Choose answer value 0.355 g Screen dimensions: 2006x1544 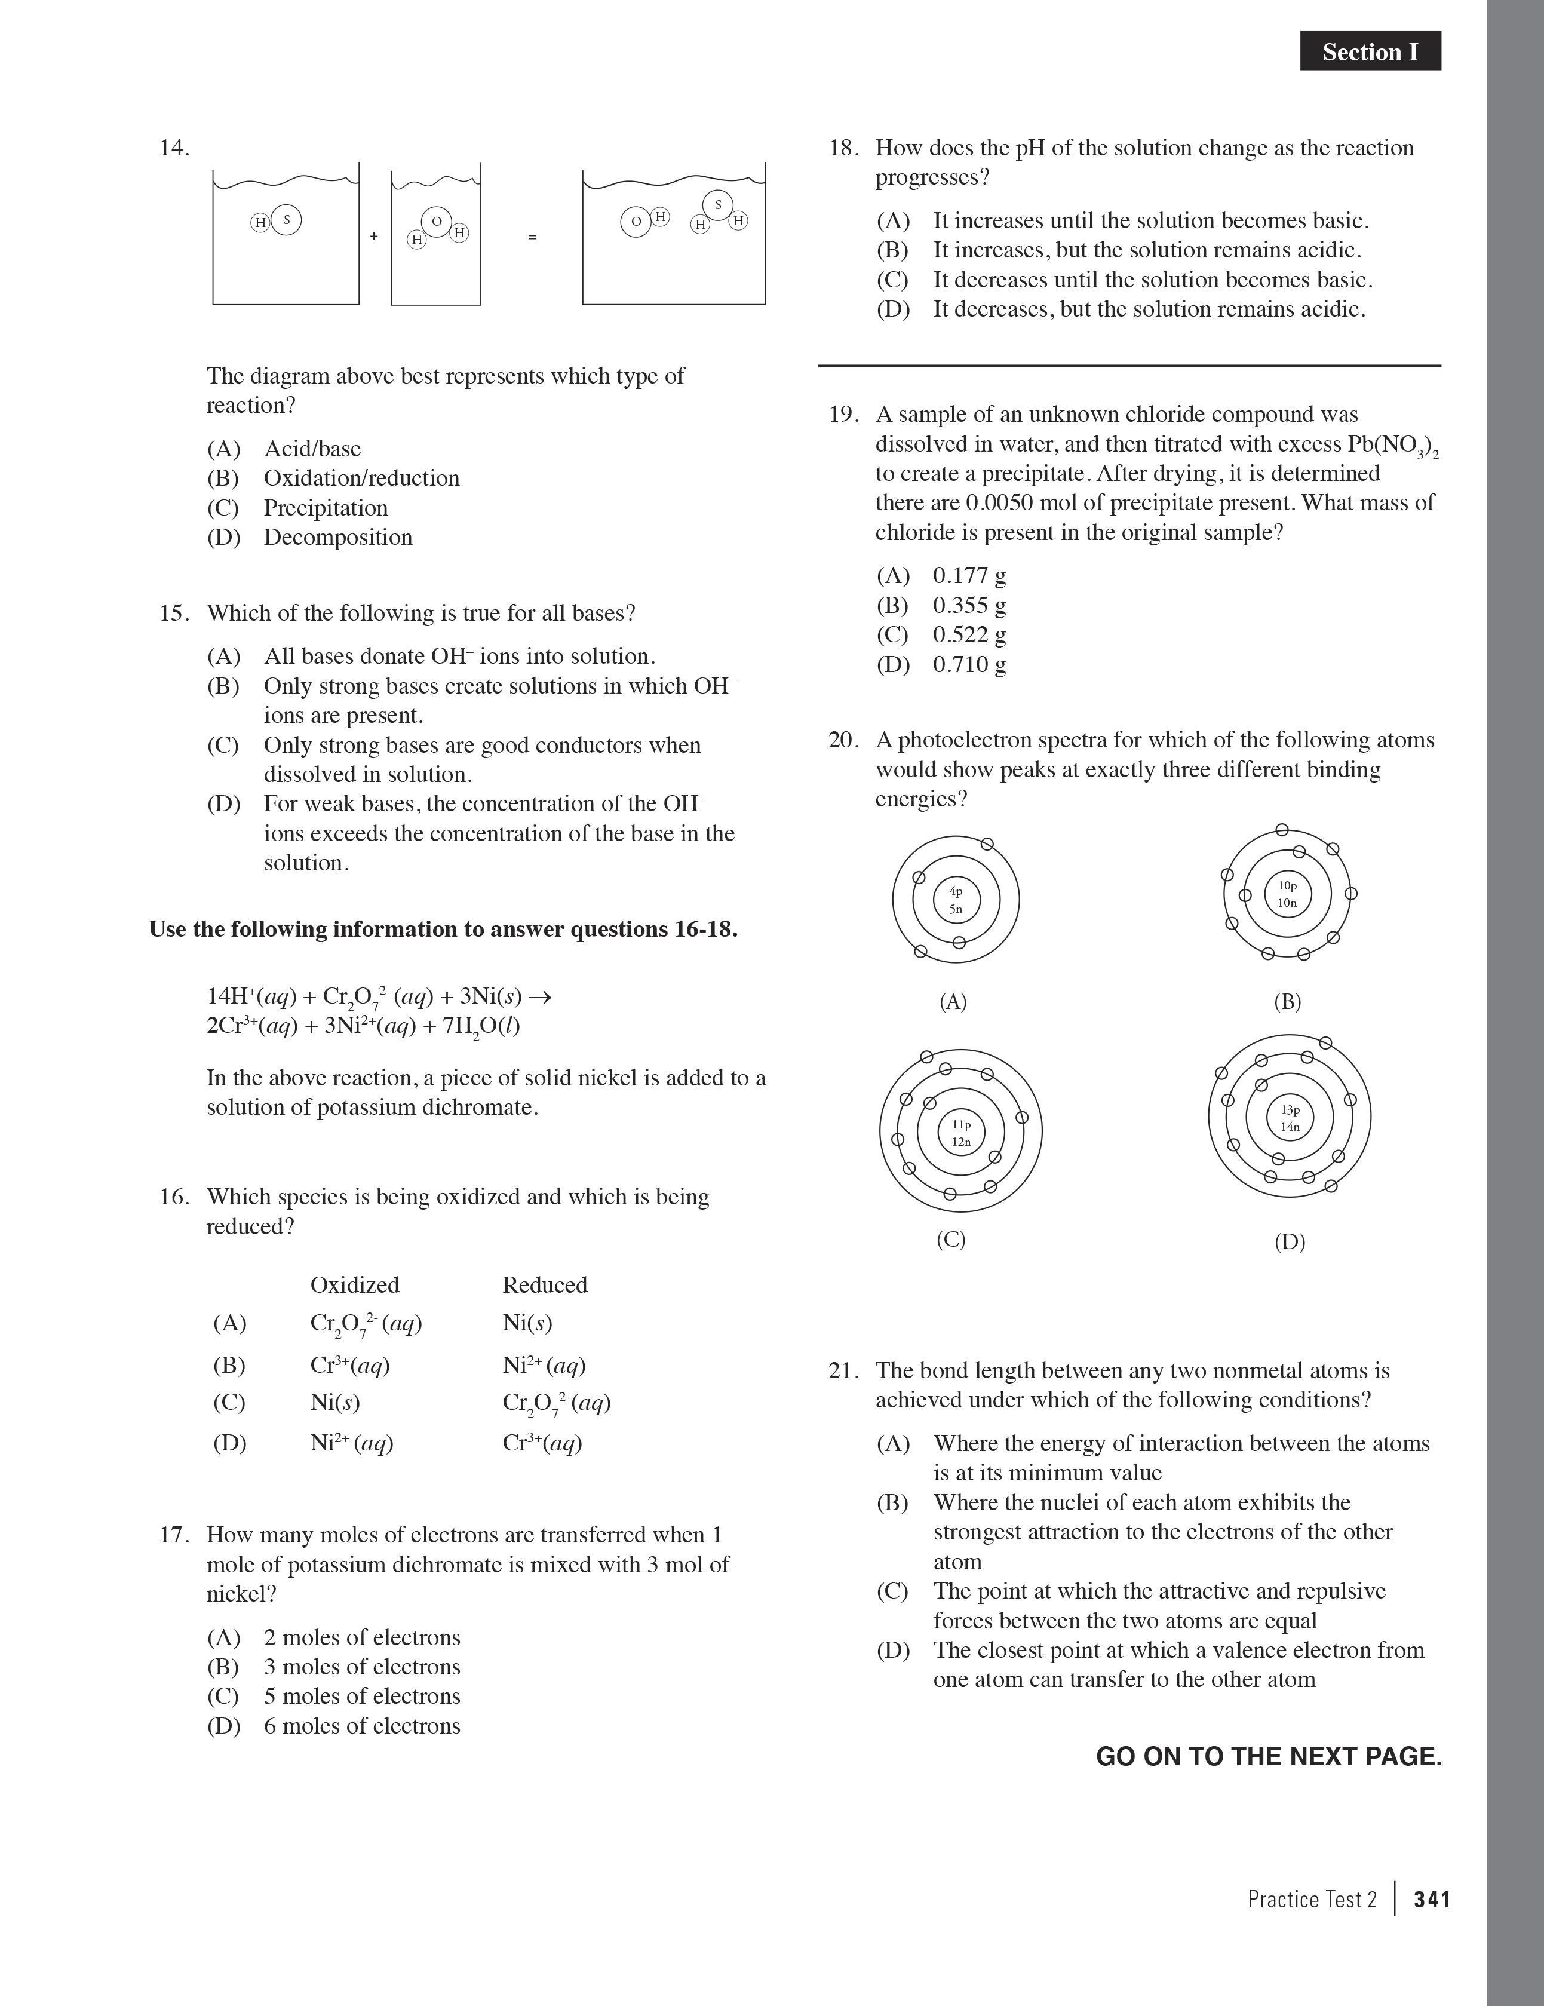[x=969, y=605]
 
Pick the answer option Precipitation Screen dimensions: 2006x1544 [x=325, y=508]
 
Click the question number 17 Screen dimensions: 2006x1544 [x=174, y=1535]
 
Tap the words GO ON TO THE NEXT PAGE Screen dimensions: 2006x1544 [x=1269, y=1756]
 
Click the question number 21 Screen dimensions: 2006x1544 [x=842, y=1370]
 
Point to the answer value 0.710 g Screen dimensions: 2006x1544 [x=969, y=664]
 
